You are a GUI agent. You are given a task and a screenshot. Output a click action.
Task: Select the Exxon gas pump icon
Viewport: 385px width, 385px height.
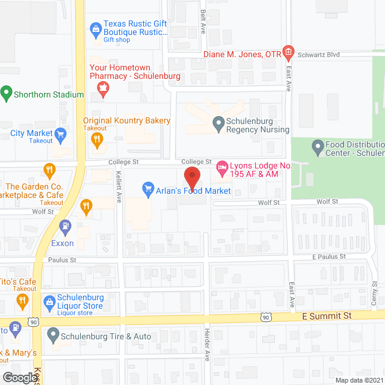click(65, 227)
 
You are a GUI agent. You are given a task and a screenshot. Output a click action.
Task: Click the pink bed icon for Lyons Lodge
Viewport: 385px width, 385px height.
click(222, 167)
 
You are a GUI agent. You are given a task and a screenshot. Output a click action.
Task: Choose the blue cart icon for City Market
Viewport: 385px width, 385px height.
click(60, 133)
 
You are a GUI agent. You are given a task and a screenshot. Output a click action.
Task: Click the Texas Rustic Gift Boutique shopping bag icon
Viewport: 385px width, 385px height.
click(95, 28)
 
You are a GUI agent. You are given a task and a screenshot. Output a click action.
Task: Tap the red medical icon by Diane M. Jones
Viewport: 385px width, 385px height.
click(288, 54)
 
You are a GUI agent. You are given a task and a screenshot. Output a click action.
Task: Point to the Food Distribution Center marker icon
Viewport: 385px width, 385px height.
click(317, 146)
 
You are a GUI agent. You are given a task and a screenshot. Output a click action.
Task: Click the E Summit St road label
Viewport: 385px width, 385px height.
click(326, 315)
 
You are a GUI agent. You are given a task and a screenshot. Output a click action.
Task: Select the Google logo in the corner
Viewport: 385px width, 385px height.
click(19, 377)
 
